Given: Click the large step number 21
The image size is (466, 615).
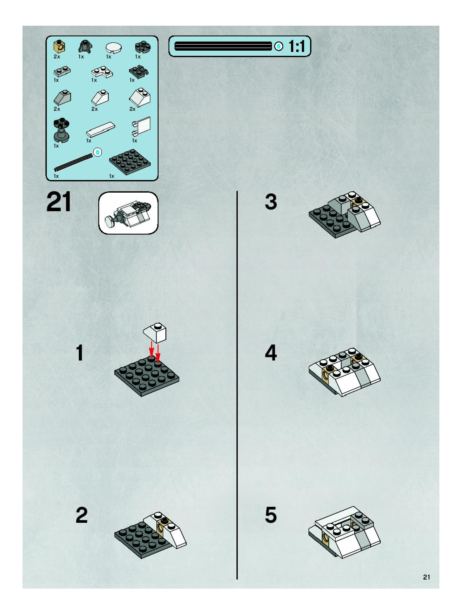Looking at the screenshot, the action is [59, 202].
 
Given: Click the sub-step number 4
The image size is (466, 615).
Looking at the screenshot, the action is [271, 353].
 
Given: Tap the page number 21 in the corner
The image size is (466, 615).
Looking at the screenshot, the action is [427, 577].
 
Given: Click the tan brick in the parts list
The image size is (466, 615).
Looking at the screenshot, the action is [59, 46].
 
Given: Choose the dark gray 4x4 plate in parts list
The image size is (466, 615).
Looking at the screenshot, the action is [130, 161].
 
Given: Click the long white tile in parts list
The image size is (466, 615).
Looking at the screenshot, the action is [101, 129].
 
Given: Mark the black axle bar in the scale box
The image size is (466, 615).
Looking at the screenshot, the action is [223, 46].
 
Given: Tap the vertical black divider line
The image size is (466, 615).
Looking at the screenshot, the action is [237, 385].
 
